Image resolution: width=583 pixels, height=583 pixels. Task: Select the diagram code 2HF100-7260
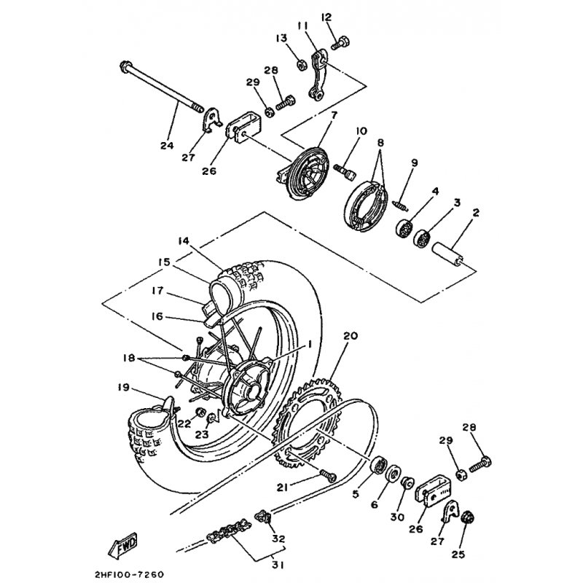pyautogui.click(x=132, y=574)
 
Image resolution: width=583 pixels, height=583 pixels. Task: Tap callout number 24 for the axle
pyautogui.click(x=167, y=145)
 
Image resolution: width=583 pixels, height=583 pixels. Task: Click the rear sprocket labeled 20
pyautogui.click(x=307, y=420)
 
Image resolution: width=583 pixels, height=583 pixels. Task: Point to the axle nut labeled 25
pyautogui.click(x=468, y=518)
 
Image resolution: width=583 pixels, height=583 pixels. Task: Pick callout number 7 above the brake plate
pyautogui.click(x=334, y=115)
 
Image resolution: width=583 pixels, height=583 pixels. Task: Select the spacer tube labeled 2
pyautogui.click(x=448, y=254)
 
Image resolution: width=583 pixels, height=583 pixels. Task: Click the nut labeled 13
pyautogui.click(x=302, y=65)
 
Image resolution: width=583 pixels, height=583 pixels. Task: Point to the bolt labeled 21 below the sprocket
pyautogui.click(x=327, y=475)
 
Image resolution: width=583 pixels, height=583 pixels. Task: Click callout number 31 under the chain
pyautogui.click(x=278, y=566)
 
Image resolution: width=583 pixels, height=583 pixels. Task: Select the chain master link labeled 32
pyautogui.click(x=262, y=517)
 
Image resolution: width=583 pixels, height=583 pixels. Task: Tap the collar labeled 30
pyautogui.click(x=407, y=482)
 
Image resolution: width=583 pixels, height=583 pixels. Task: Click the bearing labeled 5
pyautogui.click(x=380, y=464)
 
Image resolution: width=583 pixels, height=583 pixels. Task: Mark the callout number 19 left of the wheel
pyautogui.click(x=123, y=388)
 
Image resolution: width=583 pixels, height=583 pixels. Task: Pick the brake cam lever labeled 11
pyautogui.click(x=317, y=76)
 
